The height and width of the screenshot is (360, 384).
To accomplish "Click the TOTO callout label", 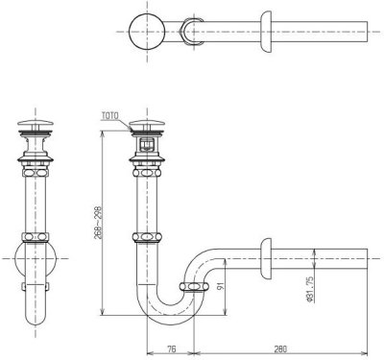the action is click(110, 115).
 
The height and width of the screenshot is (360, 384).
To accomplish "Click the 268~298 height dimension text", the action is click(98, 224).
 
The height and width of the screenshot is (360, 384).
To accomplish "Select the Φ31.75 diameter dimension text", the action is click(310, 289).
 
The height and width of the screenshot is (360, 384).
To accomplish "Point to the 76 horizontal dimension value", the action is click(172, 348).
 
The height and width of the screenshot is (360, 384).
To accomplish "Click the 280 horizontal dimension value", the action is click(280, 348).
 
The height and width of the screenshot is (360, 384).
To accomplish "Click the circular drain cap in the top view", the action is click(147, 32).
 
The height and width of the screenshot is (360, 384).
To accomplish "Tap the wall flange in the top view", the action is click(266, 32).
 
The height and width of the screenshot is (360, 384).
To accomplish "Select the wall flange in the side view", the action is click(266, 258).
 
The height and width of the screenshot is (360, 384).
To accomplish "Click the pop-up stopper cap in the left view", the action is click(36, 123).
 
